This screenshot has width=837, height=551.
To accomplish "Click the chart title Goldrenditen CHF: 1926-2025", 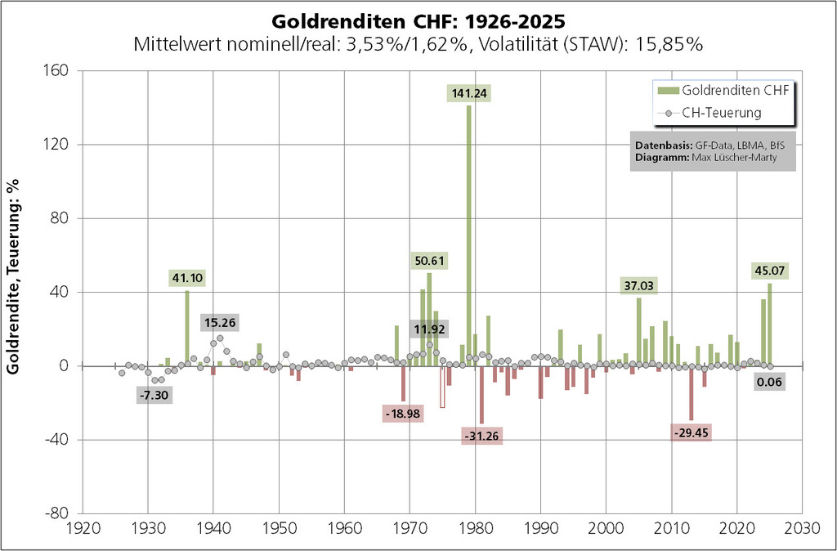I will coord(418,19).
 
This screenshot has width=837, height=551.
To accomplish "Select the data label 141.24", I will coord(468,93).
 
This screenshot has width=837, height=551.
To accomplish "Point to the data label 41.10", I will coord(187,278).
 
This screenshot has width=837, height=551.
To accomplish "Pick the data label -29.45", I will coord(691,432).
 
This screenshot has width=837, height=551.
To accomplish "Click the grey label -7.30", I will coord(154,394).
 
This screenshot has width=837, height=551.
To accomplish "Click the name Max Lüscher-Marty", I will coord(727,158).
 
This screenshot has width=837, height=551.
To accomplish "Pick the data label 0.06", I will coord(769,382).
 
